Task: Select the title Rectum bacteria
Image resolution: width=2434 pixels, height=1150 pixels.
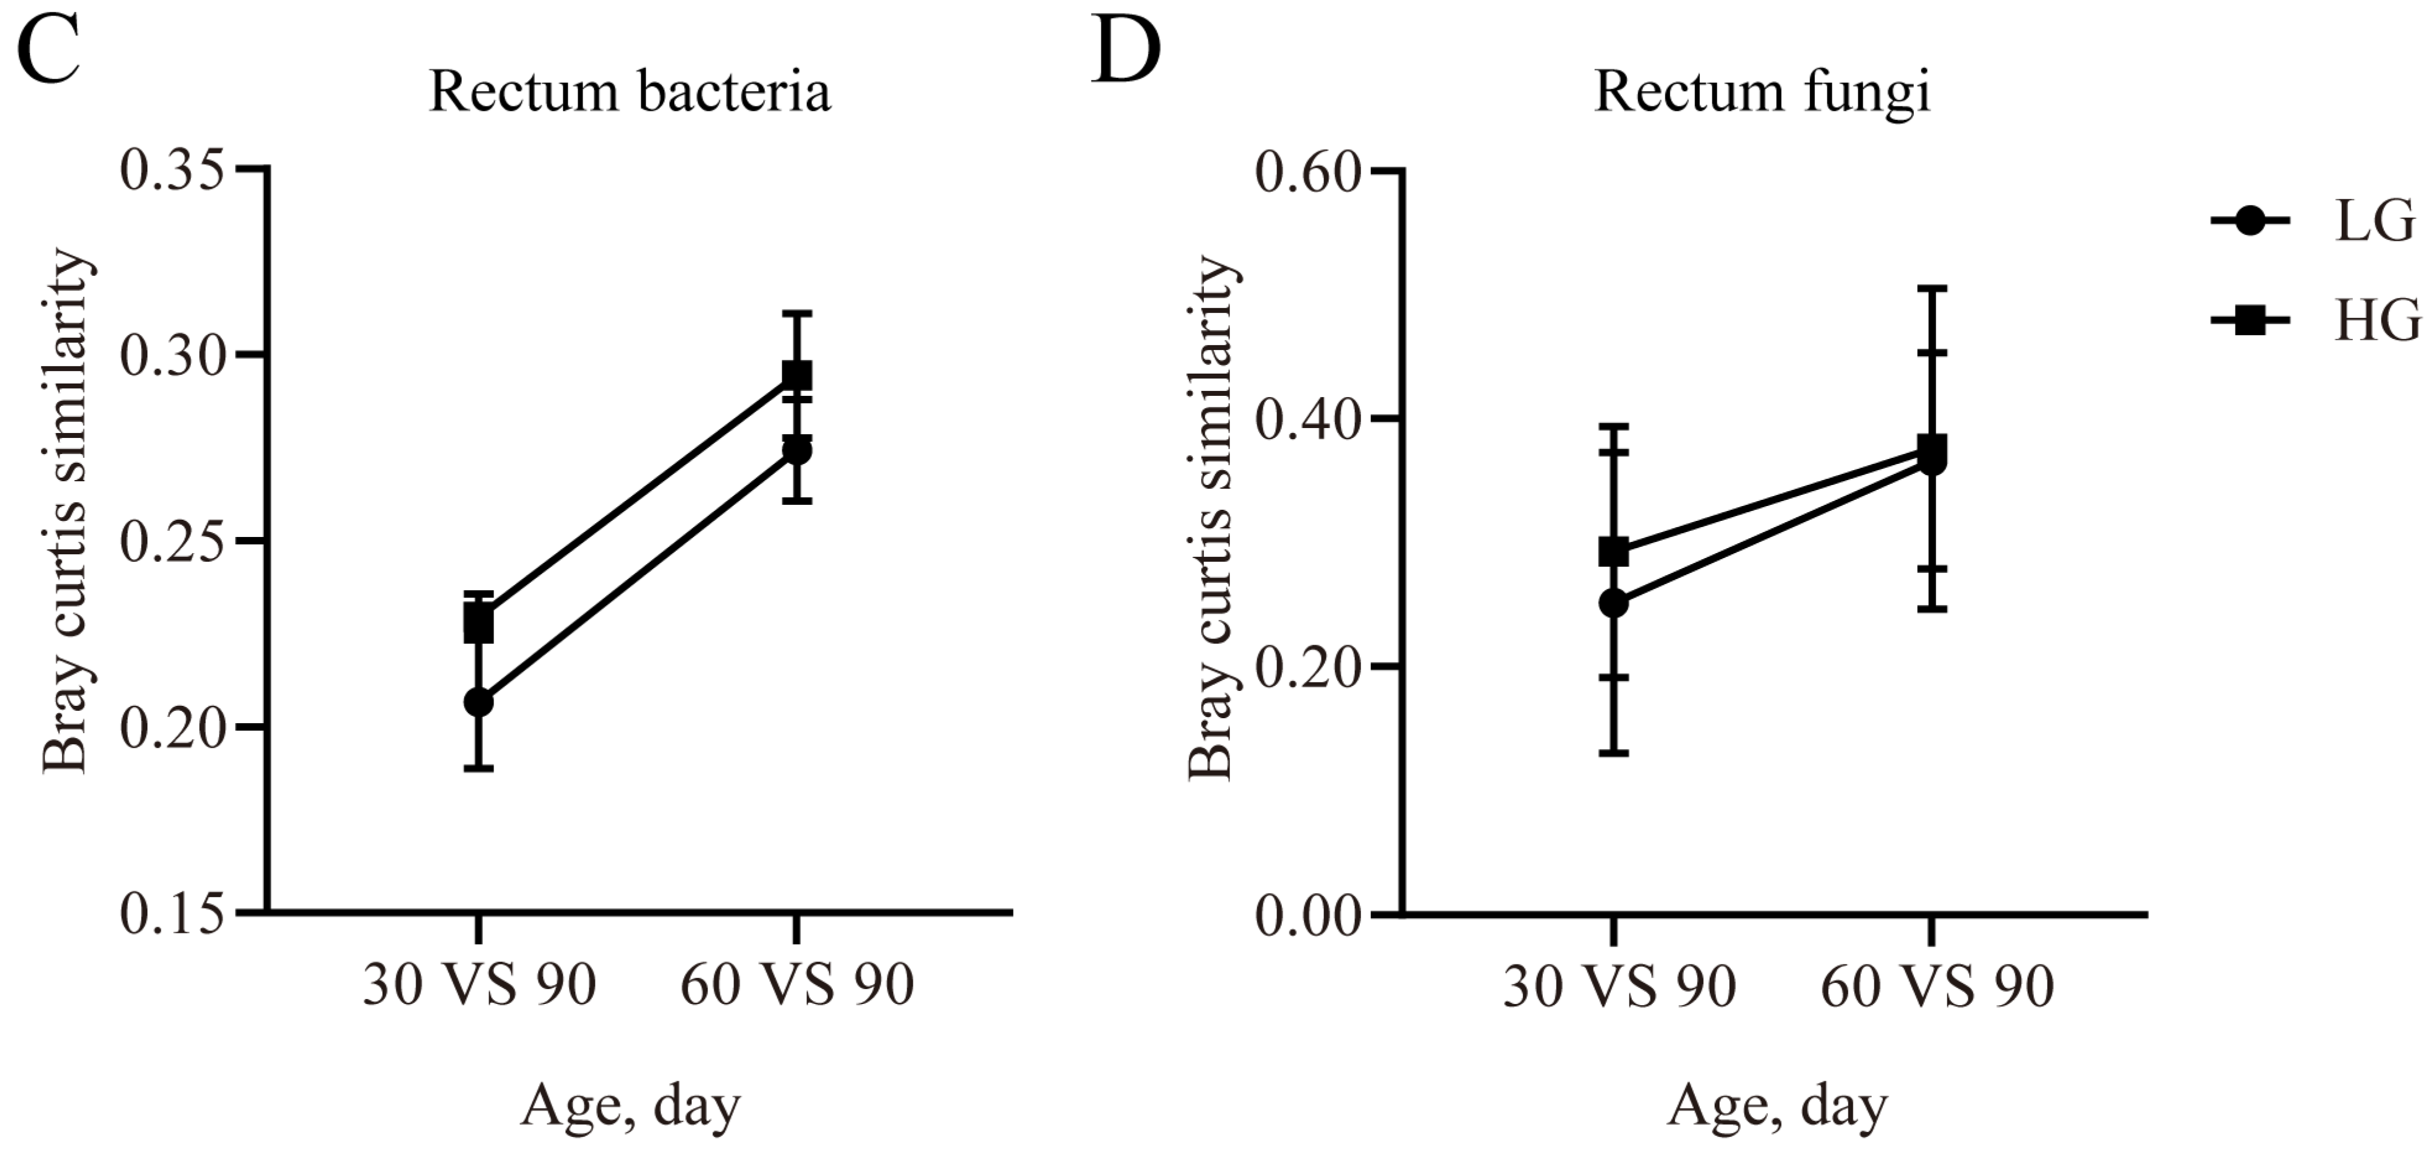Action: (x=630, y=93)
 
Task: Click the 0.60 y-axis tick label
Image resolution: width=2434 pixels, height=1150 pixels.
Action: (x=1308, y=172)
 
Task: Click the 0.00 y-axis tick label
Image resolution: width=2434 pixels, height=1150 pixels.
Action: (x=1308, y=916)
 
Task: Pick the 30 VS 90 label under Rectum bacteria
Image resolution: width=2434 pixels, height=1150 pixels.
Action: (x=479, y=985)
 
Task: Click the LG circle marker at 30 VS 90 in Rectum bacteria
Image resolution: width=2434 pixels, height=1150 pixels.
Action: (x=479, y=702)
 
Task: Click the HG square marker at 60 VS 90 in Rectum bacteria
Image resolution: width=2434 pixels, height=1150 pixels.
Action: (x=796, y=375)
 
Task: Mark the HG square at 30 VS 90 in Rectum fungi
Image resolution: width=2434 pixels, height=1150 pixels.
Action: (x=1614, y=551)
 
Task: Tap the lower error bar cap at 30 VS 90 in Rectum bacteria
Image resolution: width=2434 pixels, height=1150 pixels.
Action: (x=479, y=768)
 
